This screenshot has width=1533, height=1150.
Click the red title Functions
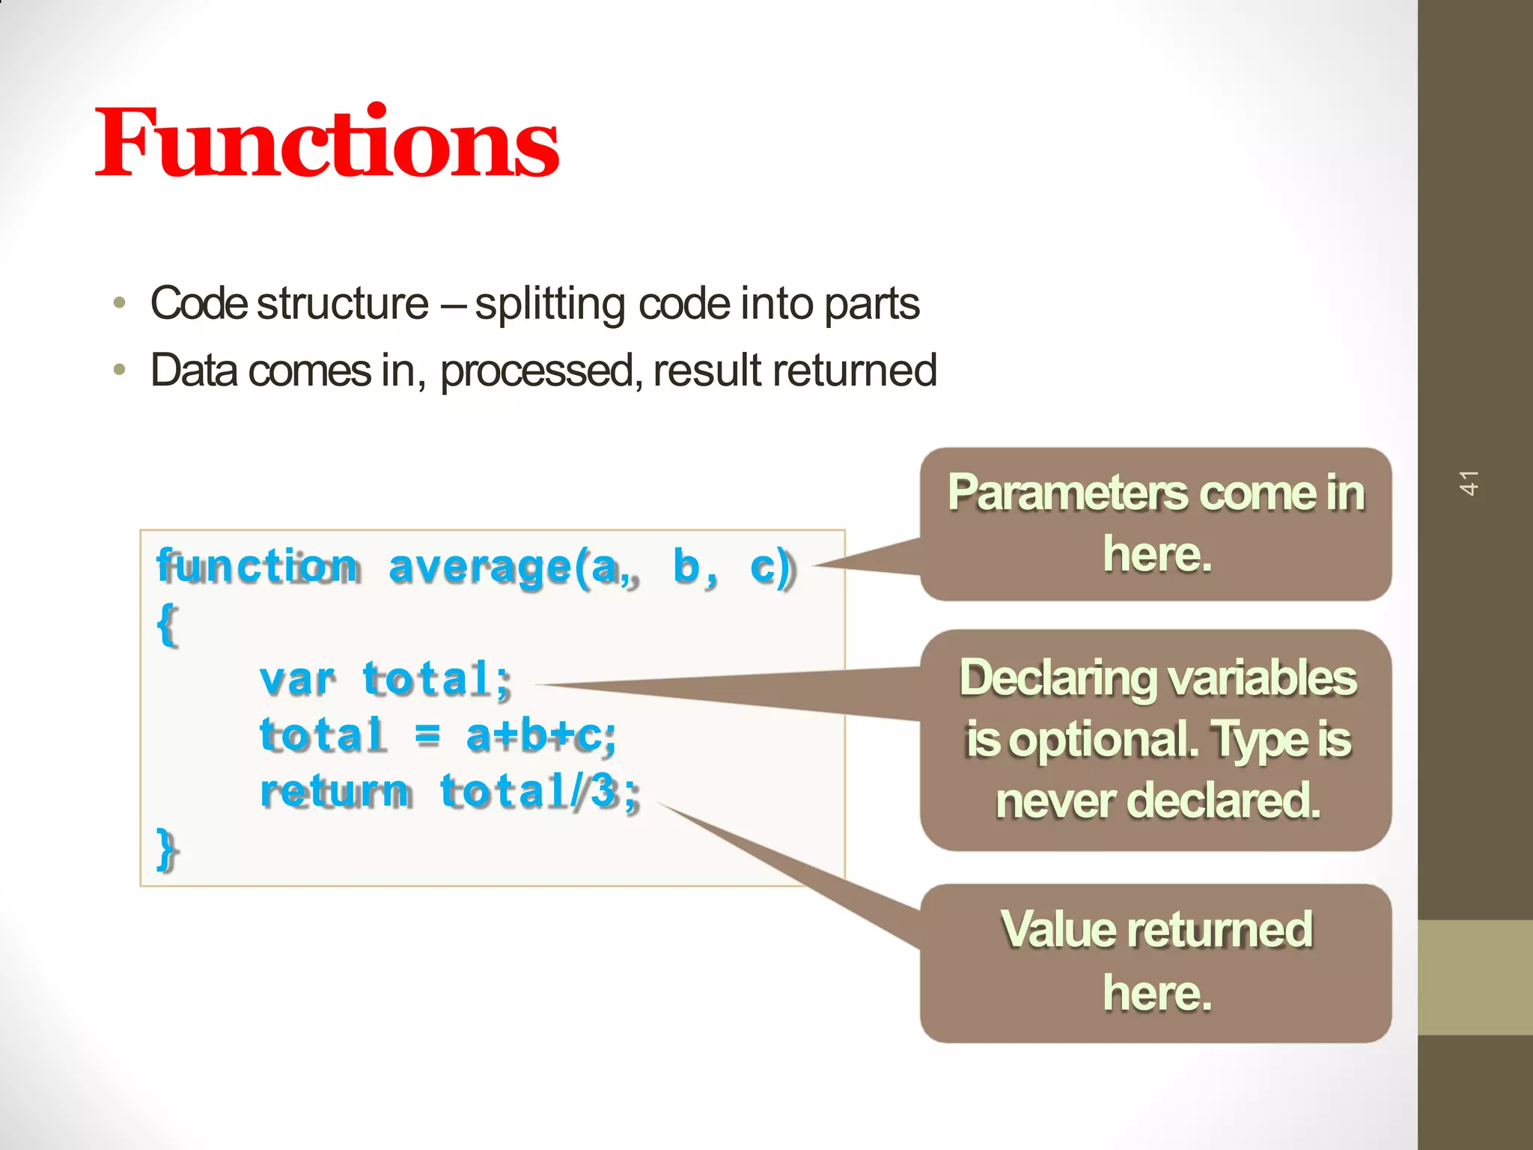327,142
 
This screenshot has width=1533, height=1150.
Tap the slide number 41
1468,483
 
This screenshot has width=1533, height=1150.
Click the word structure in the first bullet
342,304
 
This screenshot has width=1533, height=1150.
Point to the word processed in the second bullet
537,371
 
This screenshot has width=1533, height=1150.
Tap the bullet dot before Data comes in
120,370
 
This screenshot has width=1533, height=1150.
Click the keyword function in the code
257,566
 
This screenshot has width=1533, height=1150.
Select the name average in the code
480,568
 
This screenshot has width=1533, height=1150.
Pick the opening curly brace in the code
168,624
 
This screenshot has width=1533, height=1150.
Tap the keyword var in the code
296,680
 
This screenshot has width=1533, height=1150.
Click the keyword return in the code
335,792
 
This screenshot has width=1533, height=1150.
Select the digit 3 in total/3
603,792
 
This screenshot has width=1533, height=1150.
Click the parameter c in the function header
763,567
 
